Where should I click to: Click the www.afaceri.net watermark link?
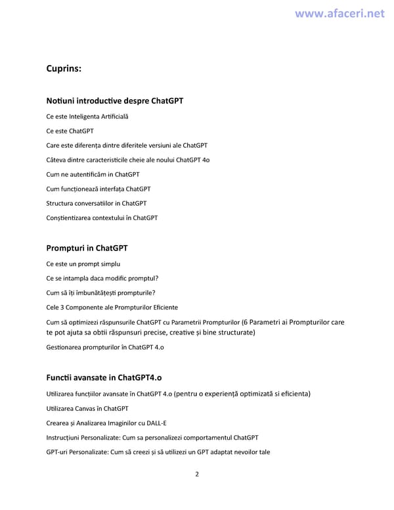[339, 13]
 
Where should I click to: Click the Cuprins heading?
[64, 68]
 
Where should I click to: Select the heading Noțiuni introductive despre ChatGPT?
[115, 101]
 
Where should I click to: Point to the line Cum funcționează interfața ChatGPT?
[98, 189]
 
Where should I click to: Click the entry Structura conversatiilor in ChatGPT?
[97, 203]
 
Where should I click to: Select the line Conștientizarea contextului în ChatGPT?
[102, 218]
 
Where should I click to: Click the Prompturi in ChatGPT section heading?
[87, 248]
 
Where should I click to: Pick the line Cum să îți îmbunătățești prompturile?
[101, 292]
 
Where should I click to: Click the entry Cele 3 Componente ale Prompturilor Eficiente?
[112, 307]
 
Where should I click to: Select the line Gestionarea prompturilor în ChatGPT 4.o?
[105, 347]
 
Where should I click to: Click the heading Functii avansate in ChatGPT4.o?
[104, 377]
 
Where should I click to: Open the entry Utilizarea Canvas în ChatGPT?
[87, 408]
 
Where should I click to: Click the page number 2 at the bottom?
[197, 474]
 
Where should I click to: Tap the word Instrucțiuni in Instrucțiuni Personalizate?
[64, 437]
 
